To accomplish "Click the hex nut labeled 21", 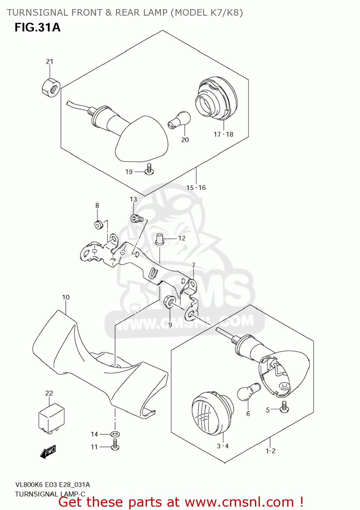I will pyautogui.click(x=51, y=88).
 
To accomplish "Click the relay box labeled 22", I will pyautogui.click(x=51, y=418).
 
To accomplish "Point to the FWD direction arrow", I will pyautogui.click(x=48, y=452).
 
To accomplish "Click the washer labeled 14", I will pyautogui.click(x=115, y=434).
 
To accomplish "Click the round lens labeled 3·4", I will pyautogui.click(x=212, y=413).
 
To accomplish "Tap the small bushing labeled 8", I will pyautogui.click(x=99, y=225).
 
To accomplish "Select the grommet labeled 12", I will pyautogui.click(x=160, y=239).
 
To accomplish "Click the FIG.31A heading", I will pyautogui.click(x=37, y=27).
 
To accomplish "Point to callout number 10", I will pyautogui.click(x=66, y=297).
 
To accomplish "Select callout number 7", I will pyautogui.click(x=193, y=265).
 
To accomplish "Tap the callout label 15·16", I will pyautogui.click(x=196, y=188).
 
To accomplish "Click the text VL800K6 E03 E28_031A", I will pyautogui.click(x=52, y=485).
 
